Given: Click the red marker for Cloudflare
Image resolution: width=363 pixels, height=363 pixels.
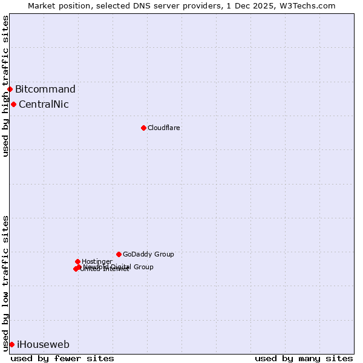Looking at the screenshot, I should click(143, 128).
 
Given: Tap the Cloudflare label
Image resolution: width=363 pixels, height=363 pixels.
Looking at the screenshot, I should click(164, 128).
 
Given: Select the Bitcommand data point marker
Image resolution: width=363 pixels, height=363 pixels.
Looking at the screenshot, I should click(10, 89).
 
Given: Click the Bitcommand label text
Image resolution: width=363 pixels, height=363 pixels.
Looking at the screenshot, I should click(45, 90).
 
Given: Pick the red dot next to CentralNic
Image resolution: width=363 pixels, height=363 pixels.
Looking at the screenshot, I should click(13, 104).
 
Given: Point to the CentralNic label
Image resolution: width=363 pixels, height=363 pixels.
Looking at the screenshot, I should click(44, 104).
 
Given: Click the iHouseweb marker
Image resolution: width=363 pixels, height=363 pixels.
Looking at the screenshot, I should click(11, 344).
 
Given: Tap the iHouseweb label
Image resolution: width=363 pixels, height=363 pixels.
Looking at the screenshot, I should click(43, 345).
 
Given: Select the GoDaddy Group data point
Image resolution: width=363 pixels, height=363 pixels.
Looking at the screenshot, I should click(119, 254).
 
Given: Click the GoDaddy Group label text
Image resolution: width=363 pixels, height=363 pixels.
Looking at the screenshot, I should click(148, 254).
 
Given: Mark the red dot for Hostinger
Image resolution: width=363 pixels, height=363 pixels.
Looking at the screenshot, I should click(77, 261).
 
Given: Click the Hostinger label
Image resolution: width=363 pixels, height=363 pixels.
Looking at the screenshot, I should click(97, 261).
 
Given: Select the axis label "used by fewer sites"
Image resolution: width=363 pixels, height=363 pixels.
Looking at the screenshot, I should click(62, 358).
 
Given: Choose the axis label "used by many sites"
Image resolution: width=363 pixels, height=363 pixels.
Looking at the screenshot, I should click(304, 358).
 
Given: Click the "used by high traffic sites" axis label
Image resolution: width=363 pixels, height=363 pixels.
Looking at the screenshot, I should click(5, 86).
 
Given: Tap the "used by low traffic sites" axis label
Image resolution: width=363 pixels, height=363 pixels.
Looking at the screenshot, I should click(5, 283).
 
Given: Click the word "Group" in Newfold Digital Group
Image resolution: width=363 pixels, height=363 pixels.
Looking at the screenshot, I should click(143, 267).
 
